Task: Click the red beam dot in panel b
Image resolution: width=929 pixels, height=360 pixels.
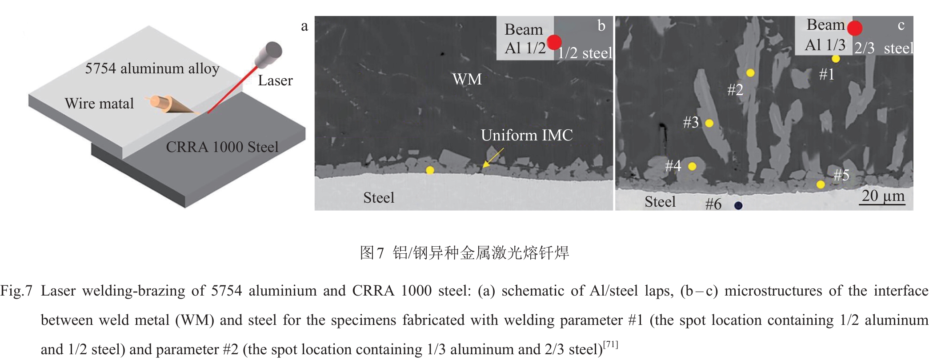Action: click(x=554, y=42)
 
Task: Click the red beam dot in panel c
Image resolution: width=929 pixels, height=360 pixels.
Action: click(x=854, y=28)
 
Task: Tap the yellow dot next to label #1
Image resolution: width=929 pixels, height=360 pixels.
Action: click(x=836, y=59)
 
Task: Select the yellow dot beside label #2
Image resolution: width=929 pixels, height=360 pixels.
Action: click(x=750, y=73)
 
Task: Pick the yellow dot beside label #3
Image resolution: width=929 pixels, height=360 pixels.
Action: click(x=709, y=123)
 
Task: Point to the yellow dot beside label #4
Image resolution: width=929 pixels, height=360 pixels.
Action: click(x=692, y=166)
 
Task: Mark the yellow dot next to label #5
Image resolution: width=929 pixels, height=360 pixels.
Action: click(x=821, y=184)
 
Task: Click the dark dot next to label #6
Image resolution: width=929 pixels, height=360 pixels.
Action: click(x=738, y=205)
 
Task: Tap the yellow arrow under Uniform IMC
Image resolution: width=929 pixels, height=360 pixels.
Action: click(x=493, y=158)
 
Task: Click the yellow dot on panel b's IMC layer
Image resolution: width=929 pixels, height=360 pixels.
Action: click(x=430, y=170)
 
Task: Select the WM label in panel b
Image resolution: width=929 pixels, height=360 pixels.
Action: click(x=467, y=79)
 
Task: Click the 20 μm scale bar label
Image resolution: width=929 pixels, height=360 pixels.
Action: click(x=883, y=196)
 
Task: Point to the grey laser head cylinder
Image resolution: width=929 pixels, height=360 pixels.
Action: click(x=269, y=54)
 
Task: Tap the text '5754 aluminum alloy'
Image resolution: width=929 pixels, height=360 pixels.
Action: click(x=152, y=68)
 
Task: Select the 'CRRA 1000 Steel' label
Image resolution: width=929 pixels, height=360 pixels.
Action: click(x=222, y=147)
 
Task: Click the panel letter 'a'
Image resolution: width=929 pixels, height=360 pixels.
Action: click(x=304, y=26)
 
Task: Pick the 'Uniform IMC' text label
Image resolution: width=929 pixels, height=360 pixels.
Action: click(x=527, y=135)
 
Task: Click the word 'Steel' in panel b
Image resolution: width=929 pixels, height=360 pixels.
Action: click(x=379, y=197)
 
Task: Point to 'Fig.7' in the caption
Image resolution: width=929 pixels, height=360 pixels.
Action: click(x=16, y=291)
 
